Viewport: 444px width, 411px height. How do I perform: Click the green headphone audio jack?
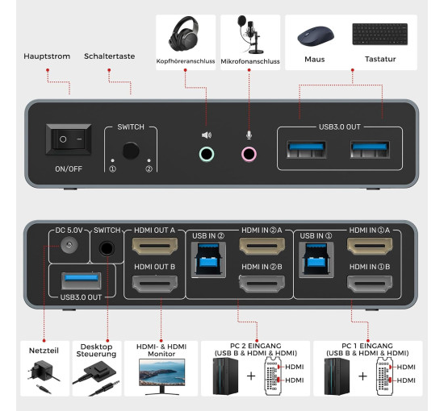point(207,153)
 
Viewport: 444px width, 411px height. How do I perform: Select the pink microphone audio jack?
point(249,153)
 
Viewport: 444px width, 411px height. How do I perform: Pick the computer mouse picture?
point(314,35)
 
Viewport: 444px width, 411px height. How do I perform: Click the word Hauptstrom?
point(48,56)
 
